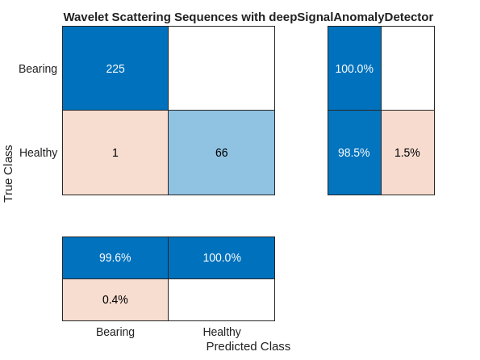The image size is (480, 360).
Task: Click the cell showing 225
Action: (x=115, y=69)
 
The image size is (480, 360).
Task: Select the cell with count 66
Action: (x=221, y=153)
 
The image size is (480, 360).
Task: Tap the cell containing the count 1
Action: (x=115, y=153)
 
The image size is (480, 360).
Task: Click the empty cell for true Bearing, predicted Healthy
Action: (x=221, y=69)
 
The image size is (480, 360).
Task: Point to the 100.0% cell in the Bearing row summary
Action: (x=354, y=69)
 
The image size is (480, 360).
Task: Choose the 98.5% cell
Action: (x=354, y=153)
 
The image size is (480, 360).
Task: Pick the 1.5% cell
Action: (x=407, y=153)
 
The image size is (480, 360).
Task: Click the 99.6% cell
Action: (x=115, y=257)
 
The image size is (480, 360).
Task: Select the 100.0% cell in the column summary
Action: (x=221, y=257)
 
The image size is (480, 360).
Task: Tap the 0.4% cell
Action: (x=115, y=299)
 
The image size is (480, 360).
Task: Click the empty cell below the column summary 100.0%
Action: (x=221, y=299)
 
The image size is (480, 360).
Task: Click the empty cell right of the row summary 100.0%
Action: (x=407, y=69)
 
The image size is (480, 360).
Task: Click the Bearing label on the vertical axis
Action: (x=38, y=69)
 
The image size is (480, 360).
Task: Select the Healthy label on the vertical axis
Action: (x=39, y=153)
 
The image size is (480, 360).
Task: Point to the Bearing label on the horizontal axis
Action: (x=115, y=332)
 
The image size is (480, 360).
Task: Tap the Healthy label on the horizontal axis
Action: (x=222, y=332)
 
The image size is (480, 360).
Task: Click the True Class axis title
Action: (x=9, y=174)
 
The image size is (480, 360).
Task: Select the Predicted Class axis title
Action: (x=248, y=346)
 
